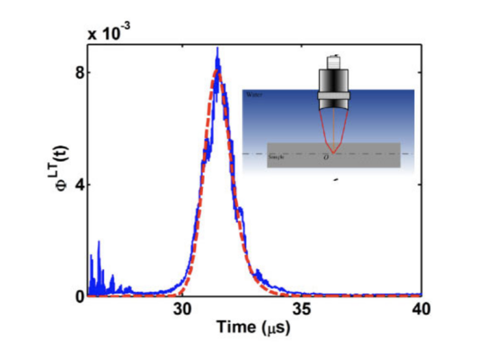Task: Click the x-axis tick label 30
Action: tap(181, 309)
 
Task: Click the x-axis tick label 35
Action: tap(302, 309)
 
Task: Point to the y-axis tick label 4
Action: tap(79, 184)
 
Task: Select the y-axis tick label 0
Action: tap(79, 296)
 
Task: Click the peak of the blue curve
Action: tap(217, 49)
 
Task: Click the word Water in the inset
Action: tap(254, 95)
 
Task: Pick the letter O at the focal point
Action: tap(333, 158)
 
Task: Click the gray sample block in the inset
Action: tap(369, 156)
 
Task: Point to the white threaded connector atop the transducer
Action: tap(335, 61)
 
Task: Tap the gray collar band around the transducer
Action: tap(335, 93)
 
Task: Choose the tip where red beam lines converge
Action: tap(333, 151)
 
